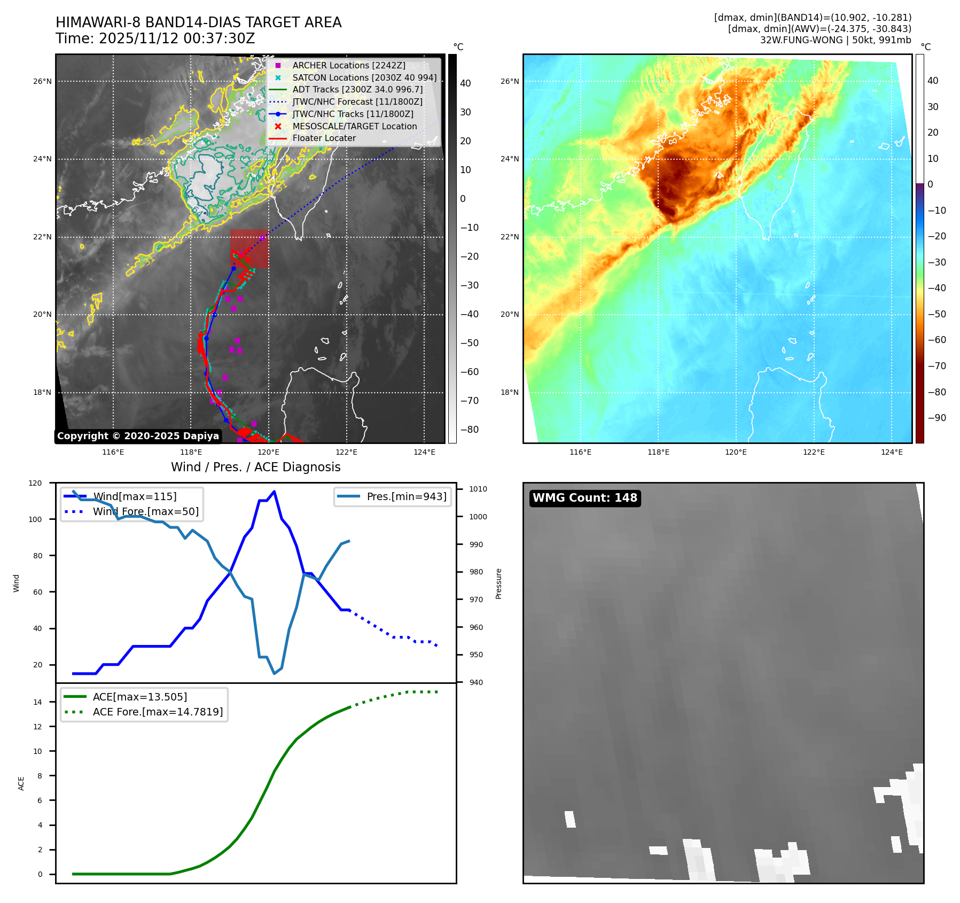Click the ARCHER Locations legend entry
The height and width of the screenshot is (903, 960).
(348, 65)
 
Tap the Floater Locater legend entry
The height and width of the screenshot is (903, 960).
(324, 138)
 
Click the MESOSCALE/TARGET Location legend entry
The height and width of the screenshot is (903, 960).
(354, 126)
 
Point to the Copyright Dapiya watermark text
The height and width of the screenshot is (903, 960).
(138, 436)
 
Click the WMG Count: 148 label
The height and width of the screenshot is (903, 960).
(584, 498)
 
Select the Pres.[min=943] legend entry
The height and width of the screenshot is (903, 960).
(406, 496)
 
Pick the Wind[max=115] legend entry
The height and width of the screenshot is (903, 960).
(134, 496)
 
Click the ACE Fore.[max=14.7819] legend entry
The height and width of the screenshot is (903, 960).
(158, 712)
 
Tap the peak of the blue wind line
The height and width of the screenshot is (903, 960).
(274, 491)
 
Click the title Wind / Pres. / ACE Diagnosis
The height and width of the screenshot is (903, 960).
(255, 467)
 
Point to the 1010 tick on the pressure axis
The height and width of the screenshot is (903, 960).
(478, 489)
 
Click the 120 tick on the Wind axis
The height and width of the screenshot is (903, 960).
(35, 483)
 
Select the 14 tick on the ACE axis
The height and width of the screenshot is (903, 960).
(38, 702)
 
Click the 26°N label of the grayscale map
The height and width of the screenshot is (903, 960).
(42, 82)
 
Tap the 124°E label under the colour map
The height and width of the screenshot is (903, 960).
(892, 452)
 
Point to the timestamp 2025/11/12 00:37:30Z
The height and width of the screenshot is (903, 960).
(177, 39)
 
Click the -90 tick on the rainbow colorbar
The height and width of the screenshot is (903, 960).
(936, 418)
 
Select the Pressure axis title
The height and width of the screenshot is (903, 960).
(498, 583)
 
